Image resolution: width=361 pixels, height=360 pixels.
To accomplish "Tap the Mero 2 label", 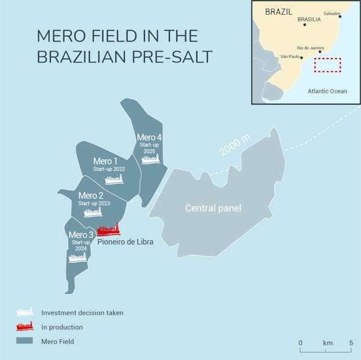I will pos(91,196).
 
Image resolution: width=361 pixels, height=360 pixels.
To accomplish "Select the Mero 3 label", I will pos(81,235).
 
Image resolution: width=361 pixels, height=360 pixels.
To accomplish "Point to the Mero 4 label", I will pos(150,137).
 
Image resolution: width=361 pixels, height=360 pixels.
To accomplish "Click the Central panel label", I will pos(213,209).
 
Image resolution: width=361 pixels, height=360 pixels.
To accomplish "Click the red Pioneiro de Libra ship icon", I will pos(109,230).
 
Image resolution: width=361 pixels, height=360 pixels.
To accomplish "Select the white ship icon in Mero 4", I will pos(150,159).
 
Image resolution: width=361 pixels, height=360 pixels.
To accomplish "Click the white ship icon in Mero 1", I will pos(114,179).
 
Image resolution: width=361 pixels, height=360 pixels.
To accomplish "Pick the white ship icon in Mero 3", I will pos(78,257).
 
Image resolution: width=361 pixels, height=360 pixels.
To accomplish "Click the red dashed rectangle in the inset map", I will pos(327,65).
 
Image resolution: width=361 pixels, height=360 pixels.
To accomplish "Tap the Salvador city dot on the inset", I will pos(340,16).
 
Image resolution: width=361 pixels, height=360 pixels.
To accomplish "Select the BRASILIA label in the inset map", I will pos(309,20).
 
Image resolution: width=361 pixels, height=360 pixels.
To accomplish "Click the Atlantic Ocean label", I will pos(327,92).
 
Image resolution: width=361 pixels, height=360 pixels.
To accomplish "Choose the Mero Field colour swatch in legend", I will pos(24,342).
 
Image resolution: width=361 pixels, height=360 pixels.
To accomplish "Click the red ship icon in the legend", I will pos(24,326).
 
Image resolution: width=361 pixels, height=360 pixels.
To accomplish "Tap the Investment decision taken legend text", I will pos(82,312).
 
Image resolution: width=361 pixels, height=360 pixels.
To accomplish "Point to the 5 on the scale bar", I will pos(351,343).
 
